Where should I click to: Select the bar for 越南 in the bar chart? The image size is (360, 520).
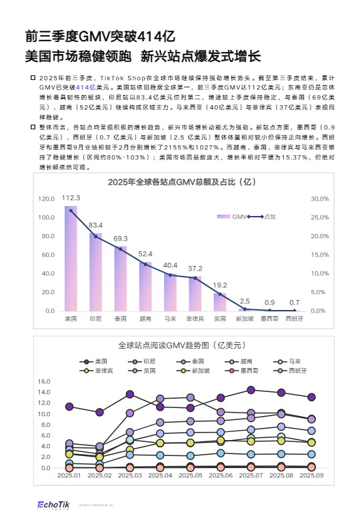coord(146,287)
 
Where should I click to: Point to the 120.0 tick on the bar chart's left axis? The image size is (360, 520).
coord(46,199)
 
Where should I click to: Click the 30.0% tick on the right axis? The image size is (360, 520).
coord(321,199)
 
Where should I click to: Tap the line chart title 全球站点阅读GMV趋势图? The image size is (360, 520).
coord(182,345)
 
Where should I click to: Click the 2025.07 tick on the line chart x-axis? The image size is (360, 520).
coord(251,475)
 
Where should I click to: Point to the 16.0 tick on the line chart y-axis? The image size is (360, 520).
coord(45,382)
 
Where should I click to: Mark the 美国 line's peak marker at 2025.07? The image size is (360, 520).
coord(251,390)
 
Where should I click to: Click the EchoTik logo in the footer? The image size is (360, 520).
coord(54,505)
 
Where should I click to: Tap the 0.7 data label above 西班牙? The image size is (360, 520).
coord(294,303)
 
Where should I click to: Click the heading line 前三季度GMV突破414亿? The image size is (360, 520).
coord(99,36)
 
